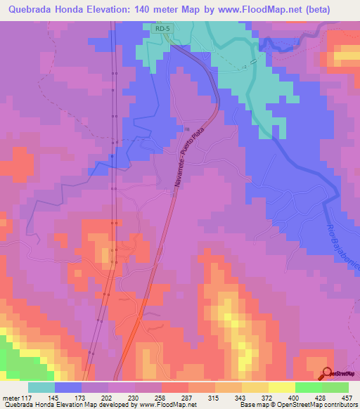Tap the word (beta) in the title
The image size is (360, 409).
pos(333,10)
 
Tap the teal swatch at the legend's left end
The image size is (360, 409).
pos(41,387)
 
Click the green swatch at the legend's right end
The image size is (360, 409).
pos(335,387)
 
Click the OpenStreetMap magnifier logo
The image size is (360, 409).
pos(328,374)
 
